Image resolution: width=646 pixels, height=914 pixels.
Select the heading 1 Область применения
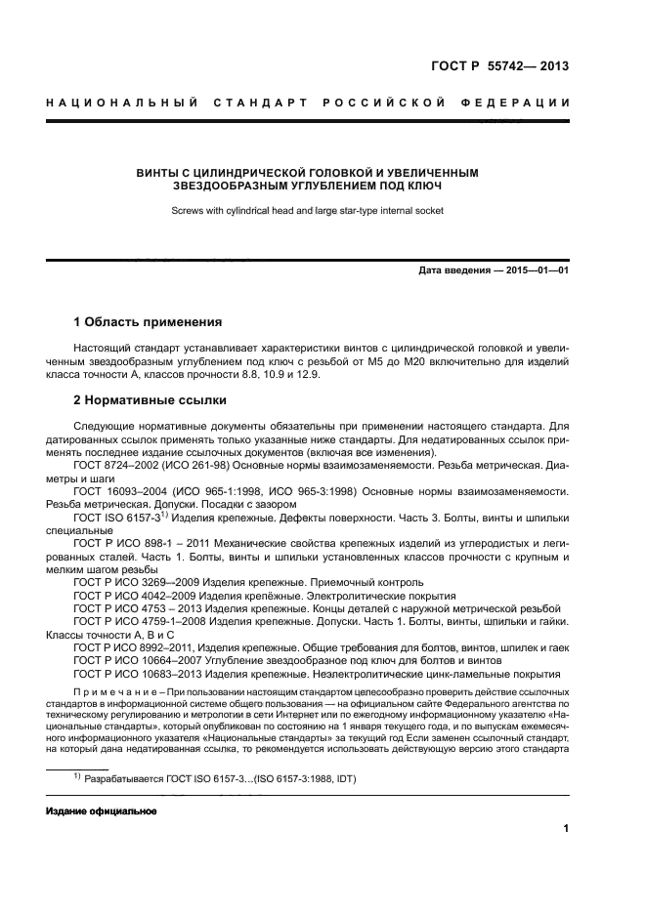pyautogui.click(x=148, y=321)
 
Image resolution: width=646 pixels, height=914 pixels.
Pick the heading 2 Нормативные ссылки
pyautogui.click(x=151, y=400)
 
